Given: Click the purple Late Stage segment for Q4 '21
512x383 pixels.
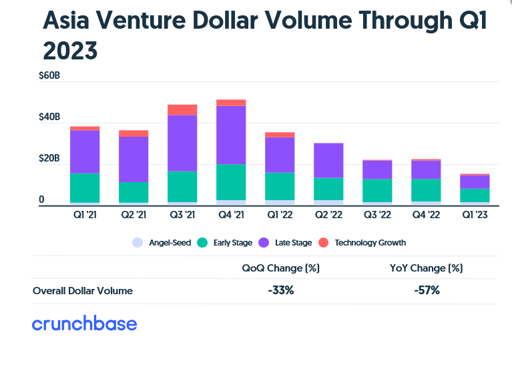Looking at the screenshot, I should [231, 135].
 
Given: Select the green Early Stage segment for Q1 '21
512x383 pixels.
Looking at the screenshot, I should [85, 187].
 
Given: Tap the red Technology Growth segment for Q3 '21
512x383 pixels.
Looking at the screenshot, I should [182, 109].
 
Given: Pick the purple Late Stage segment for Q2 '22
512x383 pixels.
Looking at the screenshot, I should [328, 160].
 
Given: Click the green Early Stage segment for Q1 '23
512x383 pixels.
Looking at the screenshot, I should [475, 195].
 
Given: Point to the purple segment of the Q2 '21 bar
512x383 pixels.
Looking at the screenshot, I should [134, 159].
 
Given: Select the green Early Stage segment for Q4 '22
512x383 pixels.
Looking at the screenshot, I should [426, 190].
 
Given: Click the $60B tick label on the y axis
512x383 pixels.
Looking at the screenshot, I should [49, 76].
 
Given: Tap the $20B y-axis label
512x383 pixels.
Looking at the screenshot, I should [49, 159].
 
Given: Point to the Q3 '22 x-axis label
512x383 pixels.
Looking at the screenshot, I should [377, 215].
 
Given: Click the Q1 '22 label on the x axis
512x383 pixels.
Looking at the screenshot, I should [280, 215].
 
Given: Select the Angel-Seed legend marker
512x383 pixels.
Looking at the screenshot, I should [138, 243].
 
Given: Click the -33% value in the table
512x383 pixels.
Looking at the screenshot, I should [280, 290].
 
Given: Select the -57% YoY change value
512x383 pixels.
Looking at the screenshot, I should [426, 290].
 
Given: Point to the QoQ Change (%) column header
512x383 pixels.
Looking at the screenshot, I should [280, 268].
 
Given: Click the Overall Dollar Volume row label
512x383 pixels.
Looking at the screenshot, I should [83, 291].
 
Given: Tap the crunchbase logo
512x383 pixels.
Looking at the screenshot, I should [84, 324].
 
